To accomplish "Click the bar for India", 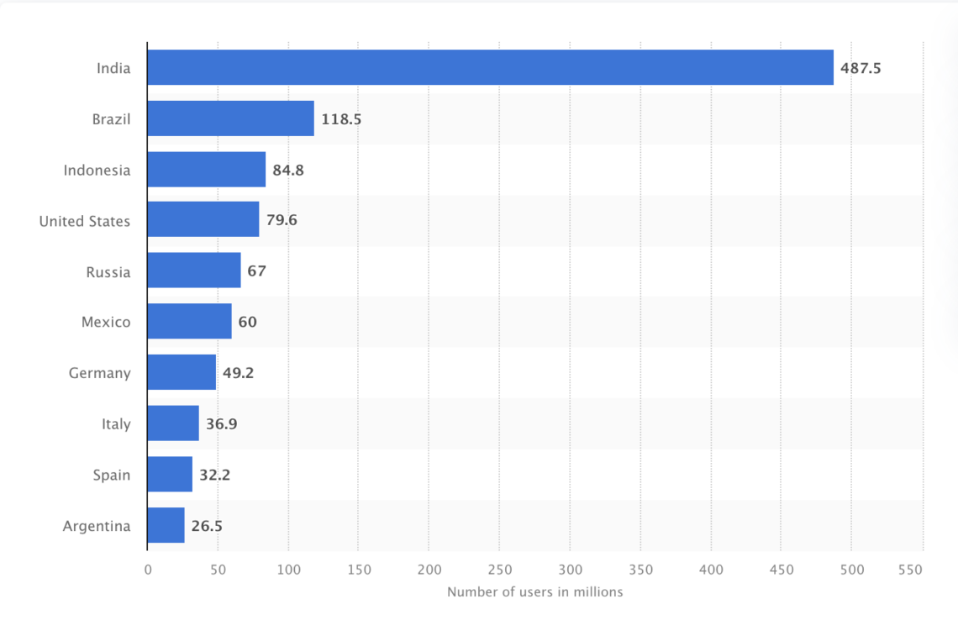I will (x=490, y=67).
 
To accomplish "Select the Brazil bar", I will (x=230, y=118).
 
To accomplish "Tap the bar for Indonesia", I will (x=206, y=170).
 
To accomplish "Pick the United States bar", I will (x=203, y=220).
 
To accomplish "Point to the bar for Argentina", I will (x=166, y=526).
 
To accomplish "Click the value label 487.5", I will (x=861, y=68).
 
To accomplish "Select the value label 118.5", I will (x=341, y=119).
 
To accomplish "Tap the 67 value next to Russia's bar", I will (x=256, y=271).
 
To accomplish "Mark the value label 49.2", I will (x=238, y=373).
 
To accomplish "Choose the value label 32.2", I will (x=214, y=475).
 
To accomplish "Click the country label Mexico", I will (x=106, y=322).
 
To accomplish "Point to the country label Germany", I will (x=99, y=373).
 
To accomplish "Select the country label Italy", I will (x=116, y=424).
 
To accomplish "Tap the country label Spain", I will (x=112, y=475).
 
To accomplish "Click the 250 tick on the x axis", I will (x=499, y=570).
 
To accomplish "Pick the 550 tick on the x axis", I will (x=909, y=570).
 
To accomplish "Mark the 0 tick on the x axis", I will (x=148, y=570).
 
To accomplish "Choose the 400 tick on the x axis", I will (x=711, y=570).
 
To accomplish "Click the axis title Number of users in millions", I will (x=534, y=592).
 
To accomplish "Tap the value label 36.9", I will (x=221, y=424).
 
